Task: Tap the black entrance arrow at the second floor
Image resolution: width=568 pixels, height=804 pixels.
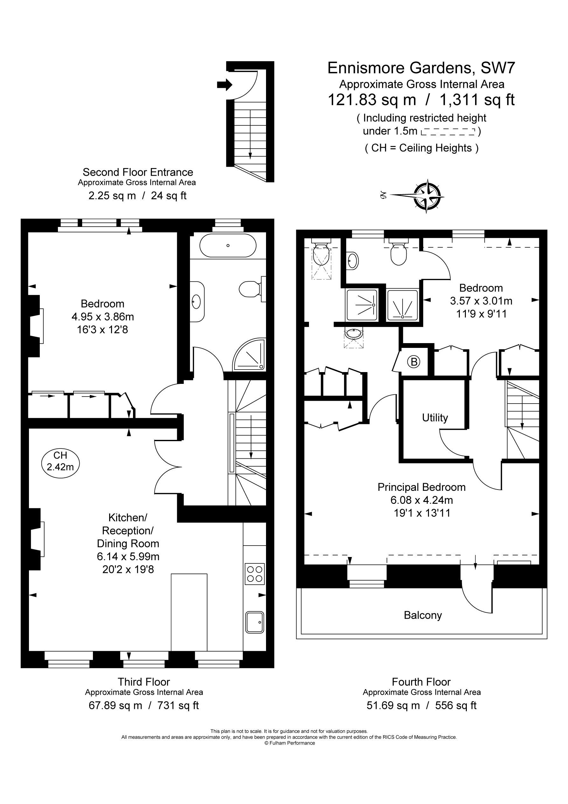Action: pyautogui.click(x=224, y=84)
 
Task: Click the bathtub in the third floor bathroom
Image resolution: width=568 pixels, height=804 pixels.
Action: pyautogui.click(x=228, y=245)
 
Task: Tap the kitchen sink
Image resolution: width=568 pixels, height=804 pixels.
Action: pyautogui.click(x=255, y=622)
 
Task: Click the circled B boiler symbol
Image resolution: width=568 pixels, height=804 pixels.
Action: pyautogui.click(x=414, y=362)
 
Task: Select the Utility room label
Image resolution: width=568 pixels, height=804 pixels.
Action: pyautogui.click(x=435, y=418)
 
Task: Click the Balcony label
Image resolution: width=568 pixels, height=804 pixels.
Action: pyautogui.click(x=423, y=615)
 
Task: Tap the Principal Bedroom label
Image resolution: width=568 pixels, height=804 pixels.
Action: pyautogui.click(x=422, y=487)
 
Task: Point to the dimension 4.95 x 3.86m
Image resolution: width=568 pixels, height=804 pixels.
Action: pyautogui.click(x=102, y=317)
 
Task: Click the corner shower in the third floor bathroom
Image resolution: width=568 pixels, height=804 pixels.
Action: pyautogui.click(x=249, y=354)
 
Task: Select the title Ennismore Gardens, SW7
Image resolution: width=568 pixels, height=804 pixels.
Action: pyautogui.click(x=421, y=68)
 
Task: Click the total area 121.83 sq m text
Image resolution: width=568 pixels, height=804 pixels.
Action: pyautogui.click(x=372, y=100)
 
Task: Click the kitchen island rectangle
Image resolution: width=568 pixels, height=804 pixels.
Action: pyautogui.click(x=189, y=612)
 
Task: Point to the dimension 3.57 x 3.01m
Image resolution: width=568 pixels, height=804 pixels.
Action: pyautogui.click(x=481, y=301)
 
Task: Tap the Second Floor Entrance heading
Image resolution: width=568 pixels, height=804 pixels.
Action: pyautogui.click(x=137, y=172)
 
